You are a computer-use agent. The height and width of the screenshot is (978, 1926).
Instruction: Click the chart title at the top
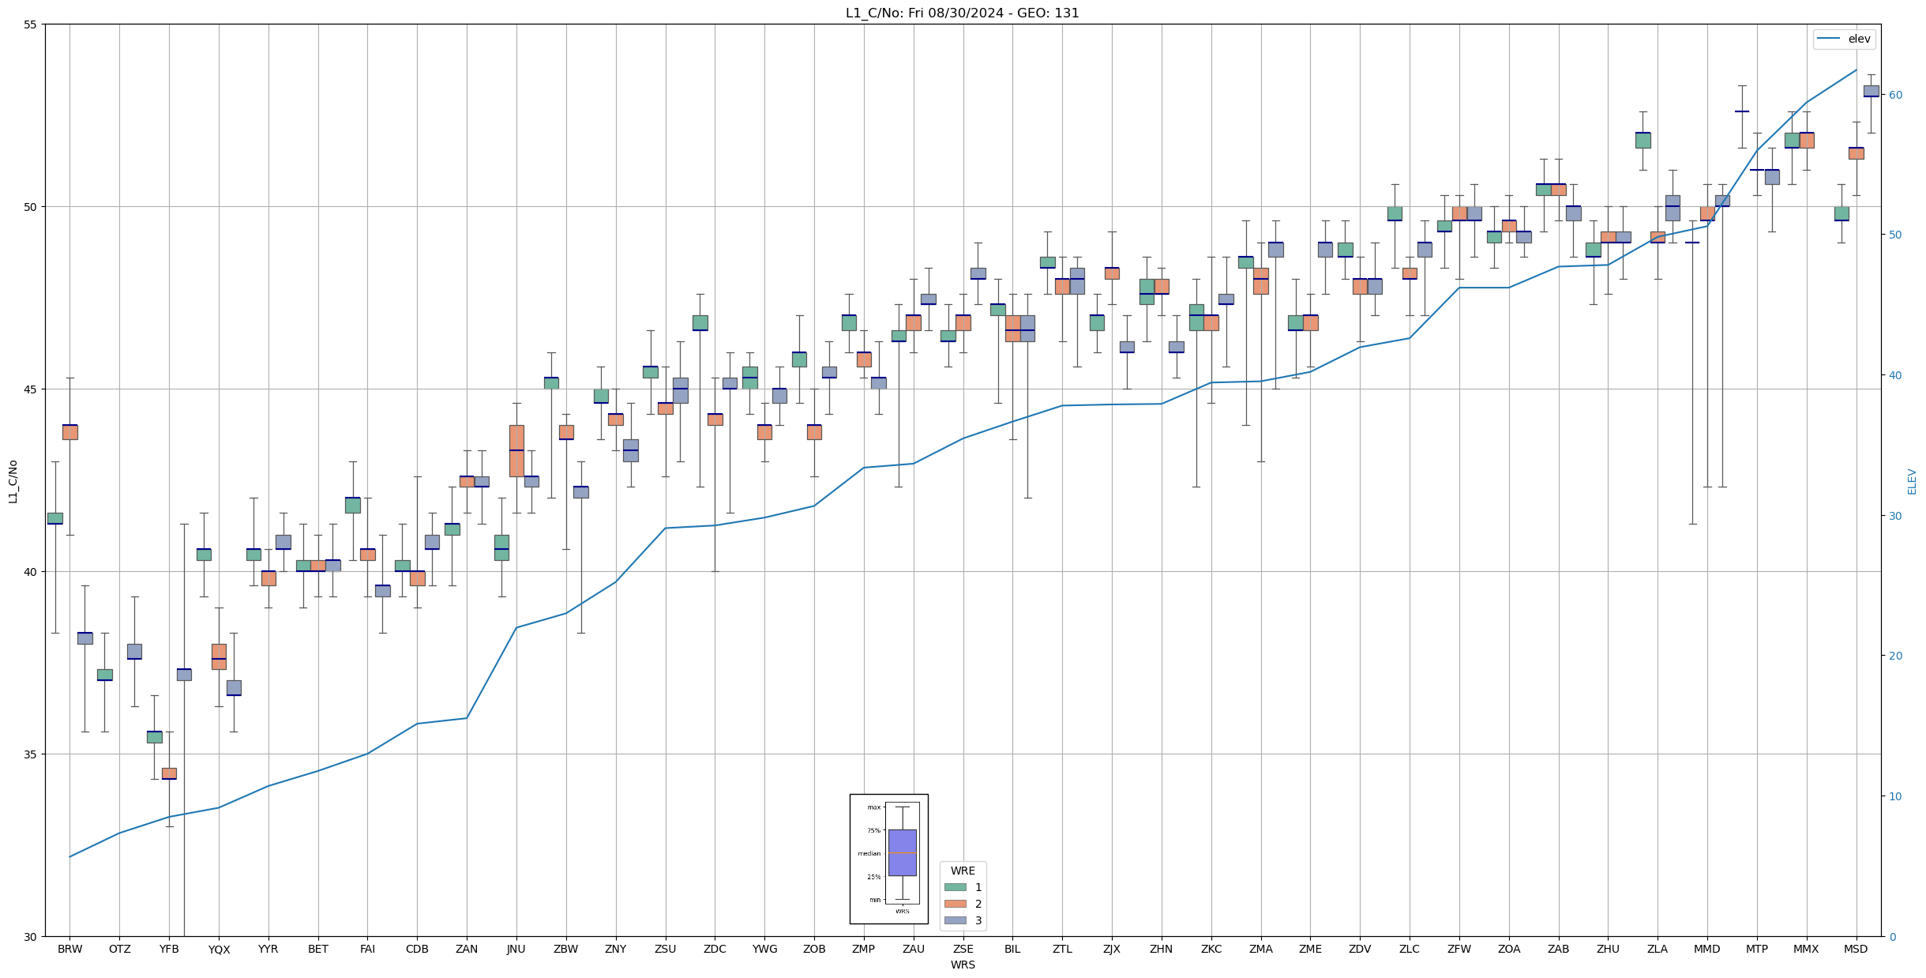962,13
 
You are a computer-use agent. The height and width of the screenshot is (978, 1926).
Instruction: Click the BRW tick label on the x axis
69,949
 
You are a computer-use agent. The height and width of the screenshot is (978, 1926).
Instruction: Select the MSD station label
1856,949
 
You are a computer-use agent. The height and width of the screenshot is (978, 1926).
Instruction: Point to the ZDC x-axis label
715,949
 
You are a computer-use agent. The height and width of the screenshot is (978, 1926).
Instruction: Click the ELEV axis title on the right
1912,481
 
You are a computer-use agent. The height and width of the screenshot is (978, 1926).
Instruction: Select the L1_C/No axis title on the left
13,481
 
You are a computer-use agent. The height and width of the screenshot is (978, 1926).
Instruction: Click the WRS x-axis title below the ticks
963,965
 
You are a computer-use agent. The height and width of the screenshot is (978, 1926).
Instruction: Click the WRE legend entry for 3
978,920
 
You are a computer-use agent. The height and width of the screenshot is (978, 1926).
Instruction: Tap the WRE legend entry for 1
978,887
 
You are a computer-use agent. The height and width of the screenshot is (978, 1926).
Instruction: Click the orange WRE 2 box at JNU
516,450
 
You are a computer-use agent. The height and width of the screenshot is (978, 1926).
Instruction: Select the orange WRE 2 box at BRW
70,431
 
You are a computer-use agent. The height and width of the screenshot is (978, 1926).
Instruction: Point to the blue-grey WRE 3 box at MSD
1871,91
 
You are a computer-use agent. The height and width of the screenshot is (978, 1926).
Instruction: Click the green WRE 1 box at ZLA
1643,140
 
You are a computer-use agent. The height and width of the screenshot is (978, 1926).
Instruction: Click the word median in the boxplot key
869,853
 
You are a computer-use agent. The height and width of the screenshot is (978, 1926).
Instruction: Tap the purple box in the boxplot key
902,852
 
